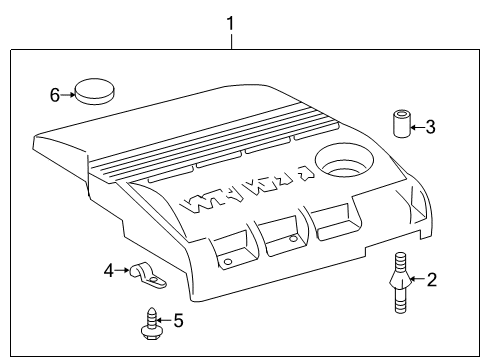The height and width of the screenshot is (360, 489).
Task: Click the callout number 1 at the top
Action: click(x=231, y=20)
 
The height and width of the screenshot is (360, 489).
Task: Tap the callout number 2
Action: click(x=432, y=280)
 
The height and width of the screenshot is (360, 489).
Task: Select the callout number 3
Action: click(x=430, y=127)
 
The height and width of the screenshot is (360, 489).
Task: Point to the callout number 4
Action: click(x=109, y=269)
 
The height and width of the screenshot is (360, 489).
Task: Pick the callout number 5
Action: click(x=179, y=321)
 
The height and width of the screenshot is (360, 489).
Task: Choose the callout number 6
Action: click(x=55, y=95)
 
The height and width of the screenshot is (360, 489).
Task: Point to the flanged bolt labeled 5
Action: click(x=150, y=322)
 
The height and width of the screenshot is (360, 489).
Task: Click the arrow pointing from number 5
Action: click(x=165, y=321)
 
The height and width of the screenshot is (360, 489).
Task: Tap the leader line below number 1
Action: click(x=231, y=40)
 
